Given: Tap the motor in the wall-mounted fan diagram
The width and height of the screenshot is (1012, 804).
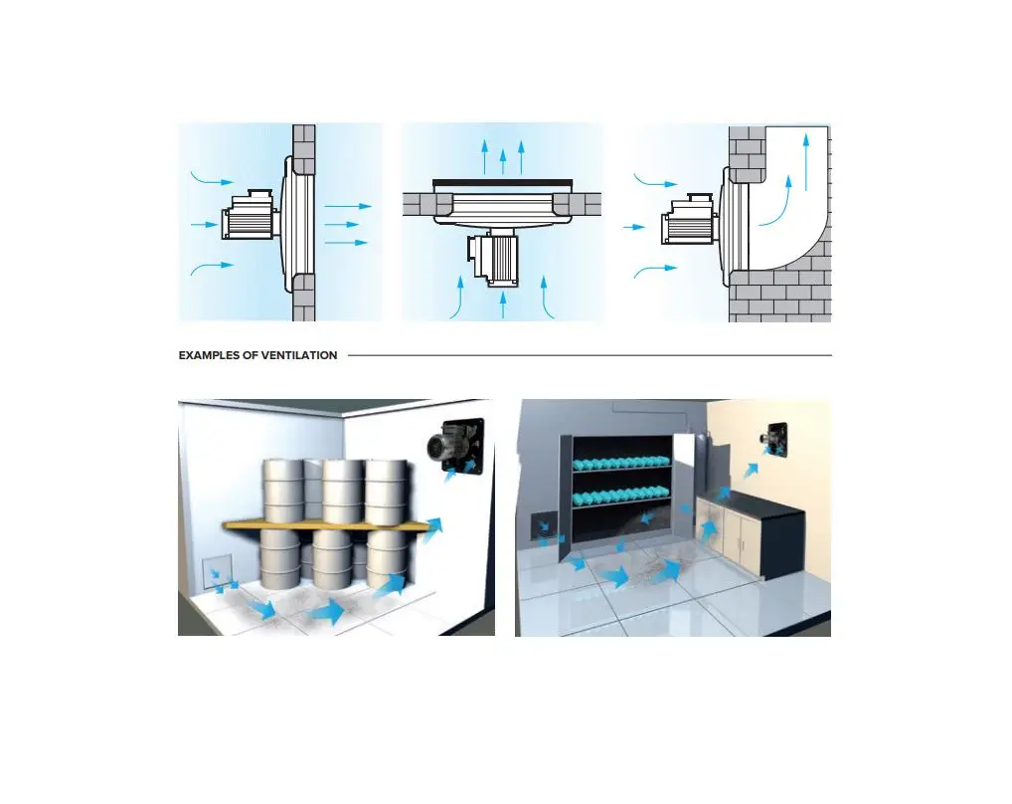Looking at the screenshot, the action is (x=250, y=216).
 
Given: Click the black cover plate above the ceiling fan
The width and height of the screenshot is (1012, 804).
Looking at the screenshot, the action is (x=502, y=183).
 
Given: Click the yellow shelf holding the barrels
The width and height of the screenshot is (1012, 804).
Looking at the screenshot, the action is (x=326, y=525).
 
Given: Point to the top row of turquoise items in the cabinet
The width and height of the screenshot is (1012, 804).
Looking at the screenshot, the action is (x=621, y=463).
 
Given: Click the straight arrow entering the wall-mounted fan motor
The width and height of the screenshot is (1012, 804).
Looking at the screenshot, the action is (x=205, y=225).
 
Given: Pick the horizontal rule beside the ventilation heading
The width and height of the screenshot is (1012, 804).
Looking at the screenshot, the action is (x=590, y=355).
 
